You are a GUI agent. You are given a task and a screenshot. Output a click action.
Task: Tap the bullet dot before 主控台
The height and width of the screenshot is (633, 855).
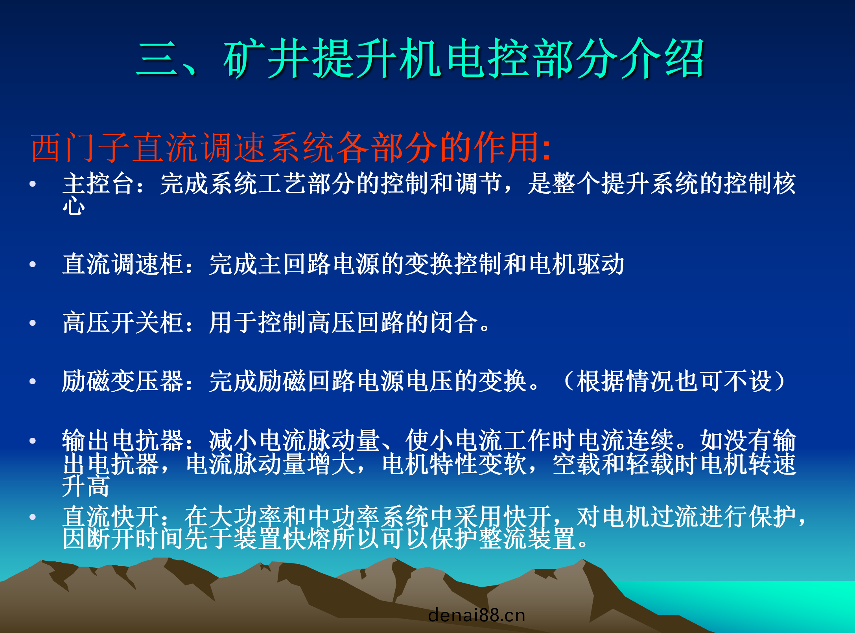pyautogui.click(x=33, y=184)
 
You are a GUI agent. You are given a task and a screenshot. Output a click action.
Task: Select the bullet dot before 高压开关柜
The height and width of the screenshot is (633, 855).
pyautogui.click(x=33, y=323)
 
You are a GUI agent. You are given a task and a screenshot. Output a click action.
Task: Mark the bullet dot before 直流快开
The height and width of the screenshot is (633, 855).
pyautogui.click(x=33, y=517)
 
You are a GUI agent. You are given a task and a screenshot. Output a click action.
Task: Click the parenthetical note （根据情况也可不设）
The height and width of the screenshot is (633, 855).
pyautogui.click(x=674, y=381)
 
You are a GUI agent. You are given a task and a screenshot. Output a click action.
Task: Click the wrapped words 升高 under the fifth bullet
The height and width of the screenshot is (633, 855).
pyautogui.click(x=86, y=486)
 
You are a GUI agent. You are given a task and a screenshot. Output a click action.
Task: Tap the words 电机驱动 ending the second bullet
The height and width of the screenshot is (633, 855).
pyautogui.click(x=577, y=264)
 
